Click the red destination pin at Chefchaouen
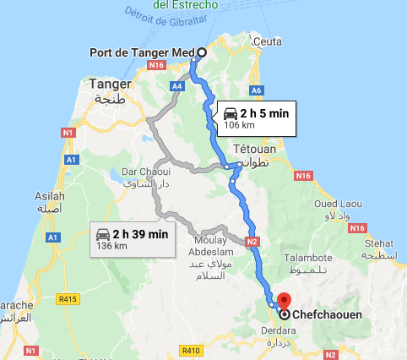284,300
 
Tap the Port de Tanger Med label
141,52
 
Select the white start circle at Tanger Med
201,52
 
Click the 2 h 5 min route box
257,117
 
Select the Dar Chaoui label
141,172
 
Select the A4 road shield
176,85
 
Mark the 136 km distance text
109,247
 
